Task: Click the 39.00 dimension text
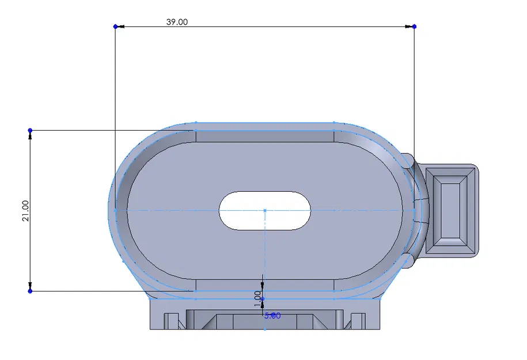pyautogui.click(x=177, y=22)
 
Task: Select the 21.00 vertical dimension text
pyautogui.click(x=25, y=211)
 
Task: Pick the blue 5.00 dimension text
pyautogui.click(x=272, y=316)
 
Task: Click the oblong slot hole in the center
pyautogui.click(x=265, y=210)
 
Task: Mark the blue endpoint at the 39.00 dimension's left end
pyautogui.click(x=115, y=26)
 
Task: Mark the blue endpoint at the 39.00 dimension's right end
pyautogui.click(x=414, y=26)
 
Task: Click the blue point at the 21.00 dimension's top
pyautogui.click(x=30, y=130)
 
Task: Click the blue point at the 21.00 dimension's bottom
pyautogui.click(x=30, y=291)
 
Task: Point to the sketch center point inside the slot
pyautogui.click(x=264, y=210)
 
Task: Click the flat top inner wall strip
pyautogui.click(x=265, y=136)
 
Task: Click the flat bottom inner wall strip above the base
pyautogui.click(x=265, y=285)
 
